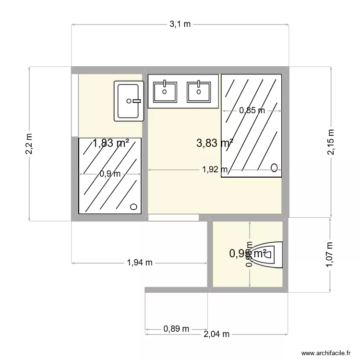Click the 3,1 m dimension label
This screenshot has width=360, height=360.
(x=180, y=24)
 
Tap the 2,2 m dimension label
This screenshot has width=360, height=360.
(x=30, y=144)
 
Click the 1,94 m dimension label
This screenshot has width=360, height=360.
(x=140, y=263)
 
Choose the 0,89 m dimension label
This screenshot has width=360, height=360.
(x=176, y=329)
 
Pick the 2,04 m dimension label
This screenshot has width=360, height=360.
(x=216, y=334)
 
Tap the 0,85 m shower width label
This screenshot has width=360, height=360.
(x=252, y=110)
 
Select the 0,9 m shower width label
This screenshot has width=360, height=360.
(x=110, y=174)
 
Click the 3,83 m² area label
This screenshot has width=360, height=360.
(x=215, y=143)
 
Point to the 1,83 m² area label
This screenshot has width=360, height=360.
(x=111, y=143)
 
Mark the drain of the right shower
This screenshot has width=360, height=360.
(x=275, y=168)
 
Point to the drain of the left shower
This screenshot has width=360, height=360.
(x=134, y=207)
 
